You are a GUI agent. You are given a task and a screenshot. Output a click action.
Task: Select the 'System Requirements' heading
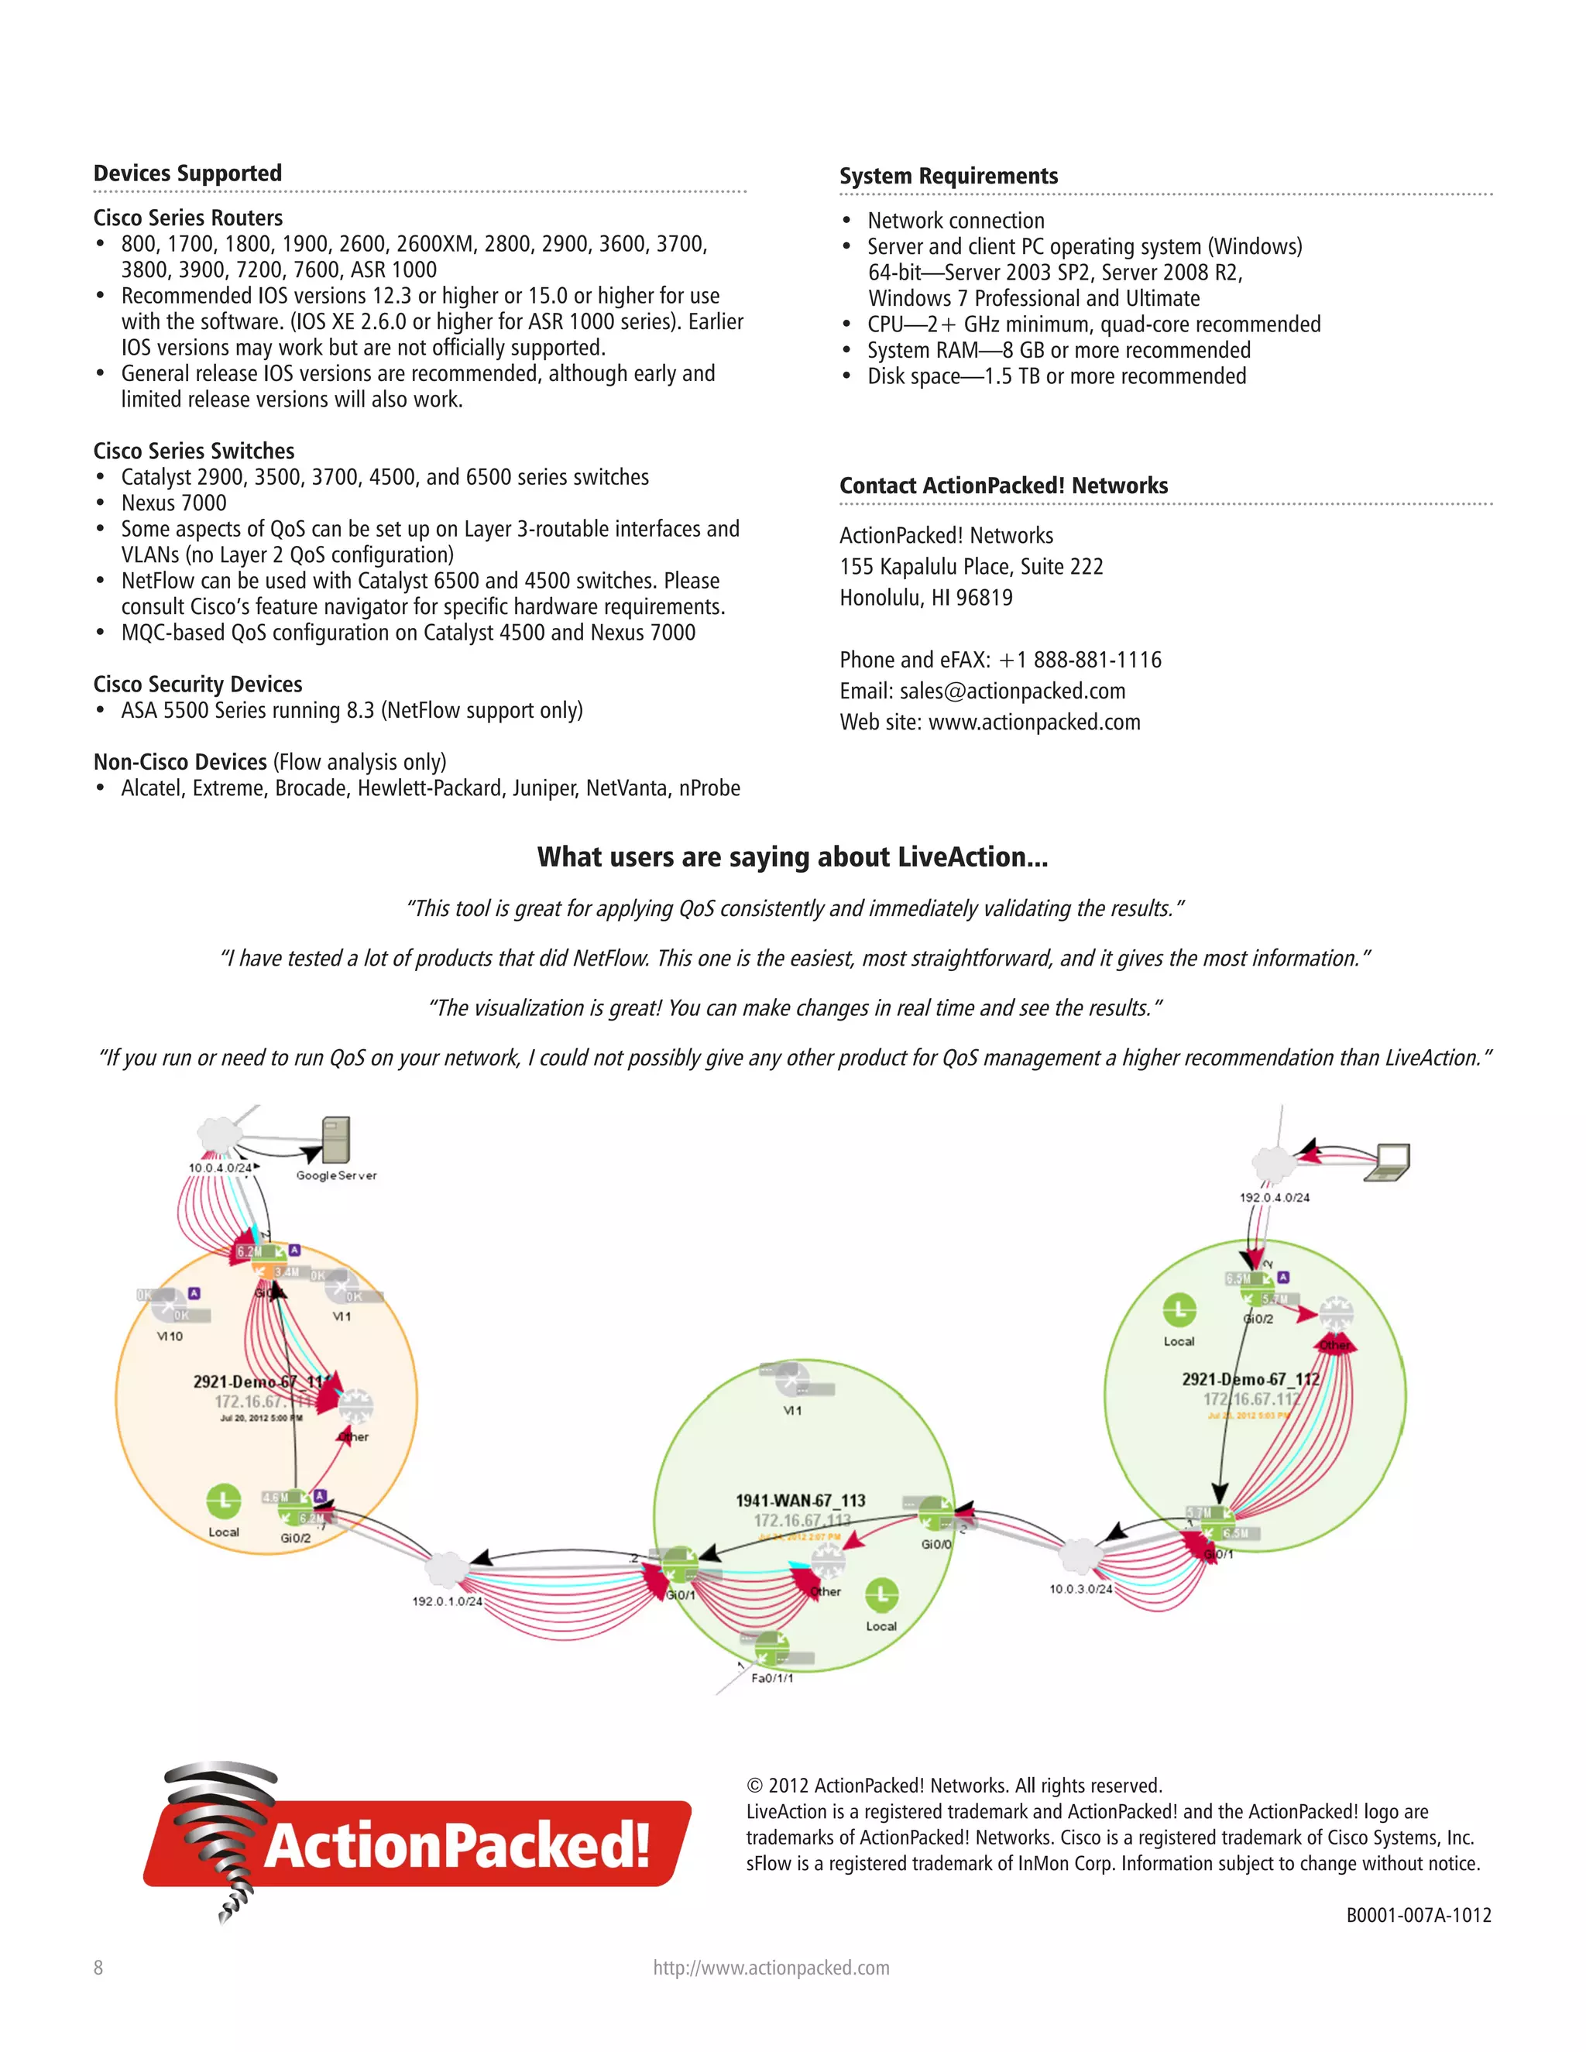pyautogui.click(x=948, y=176)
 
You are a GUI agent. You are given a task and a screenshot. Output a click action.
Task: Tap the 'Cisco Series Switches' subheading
pyautogui.click(x=194, y=451)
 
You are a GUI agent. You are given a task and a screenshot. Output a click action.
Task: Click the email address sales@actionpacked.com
pyautogui.click(x=1012, y=691)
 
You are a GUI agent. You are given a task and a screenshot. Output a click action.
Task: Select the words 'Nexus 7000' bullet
pyautogui.click(x=173, y=503)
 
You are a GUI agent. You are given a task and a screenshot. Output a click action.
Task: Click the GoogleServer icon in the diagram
pyautogui.click(x=335, y=1141)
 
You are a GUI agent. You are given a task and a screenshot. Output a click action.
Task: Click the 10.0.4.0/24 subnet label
pyautogui.click(x=220, y=1168)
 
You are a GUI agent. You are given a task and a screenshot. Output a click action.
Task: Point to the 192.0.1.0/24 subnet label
pyautogui.click(x=448, y=1601)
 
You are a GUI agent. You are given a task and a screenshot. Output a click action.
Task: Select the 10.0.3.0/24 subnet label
pyautogui.click(x=1080, y=1589)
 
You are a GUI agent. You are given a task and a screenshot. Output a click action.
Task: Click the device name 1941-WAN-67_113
pyautogui.click(x=801, y=1501)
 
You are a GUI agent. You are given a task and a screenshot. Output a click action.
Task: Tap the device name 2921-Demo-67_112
pyautogui.click(x=1251, y=1378)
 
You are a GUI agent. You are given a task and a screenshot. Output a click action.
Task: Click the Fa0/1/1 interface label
pyautogui.click(x=772, y=1678)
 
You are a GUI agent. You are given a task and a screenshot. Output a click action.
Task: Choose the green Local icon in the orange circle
pyautogui.click(x=224, y=1501)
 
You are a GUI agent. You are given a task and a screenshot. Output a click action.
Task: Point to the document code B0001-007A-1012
pyautogui.click(x=1418, y=1915)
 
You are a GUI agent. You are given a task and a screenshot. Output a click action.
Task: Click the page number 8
pyautogui.click(x=98, y=1968)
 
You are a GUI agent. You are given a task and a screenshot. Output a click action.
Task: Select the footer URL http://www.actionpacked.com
pyautogui.click(x=771, y=1968)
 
